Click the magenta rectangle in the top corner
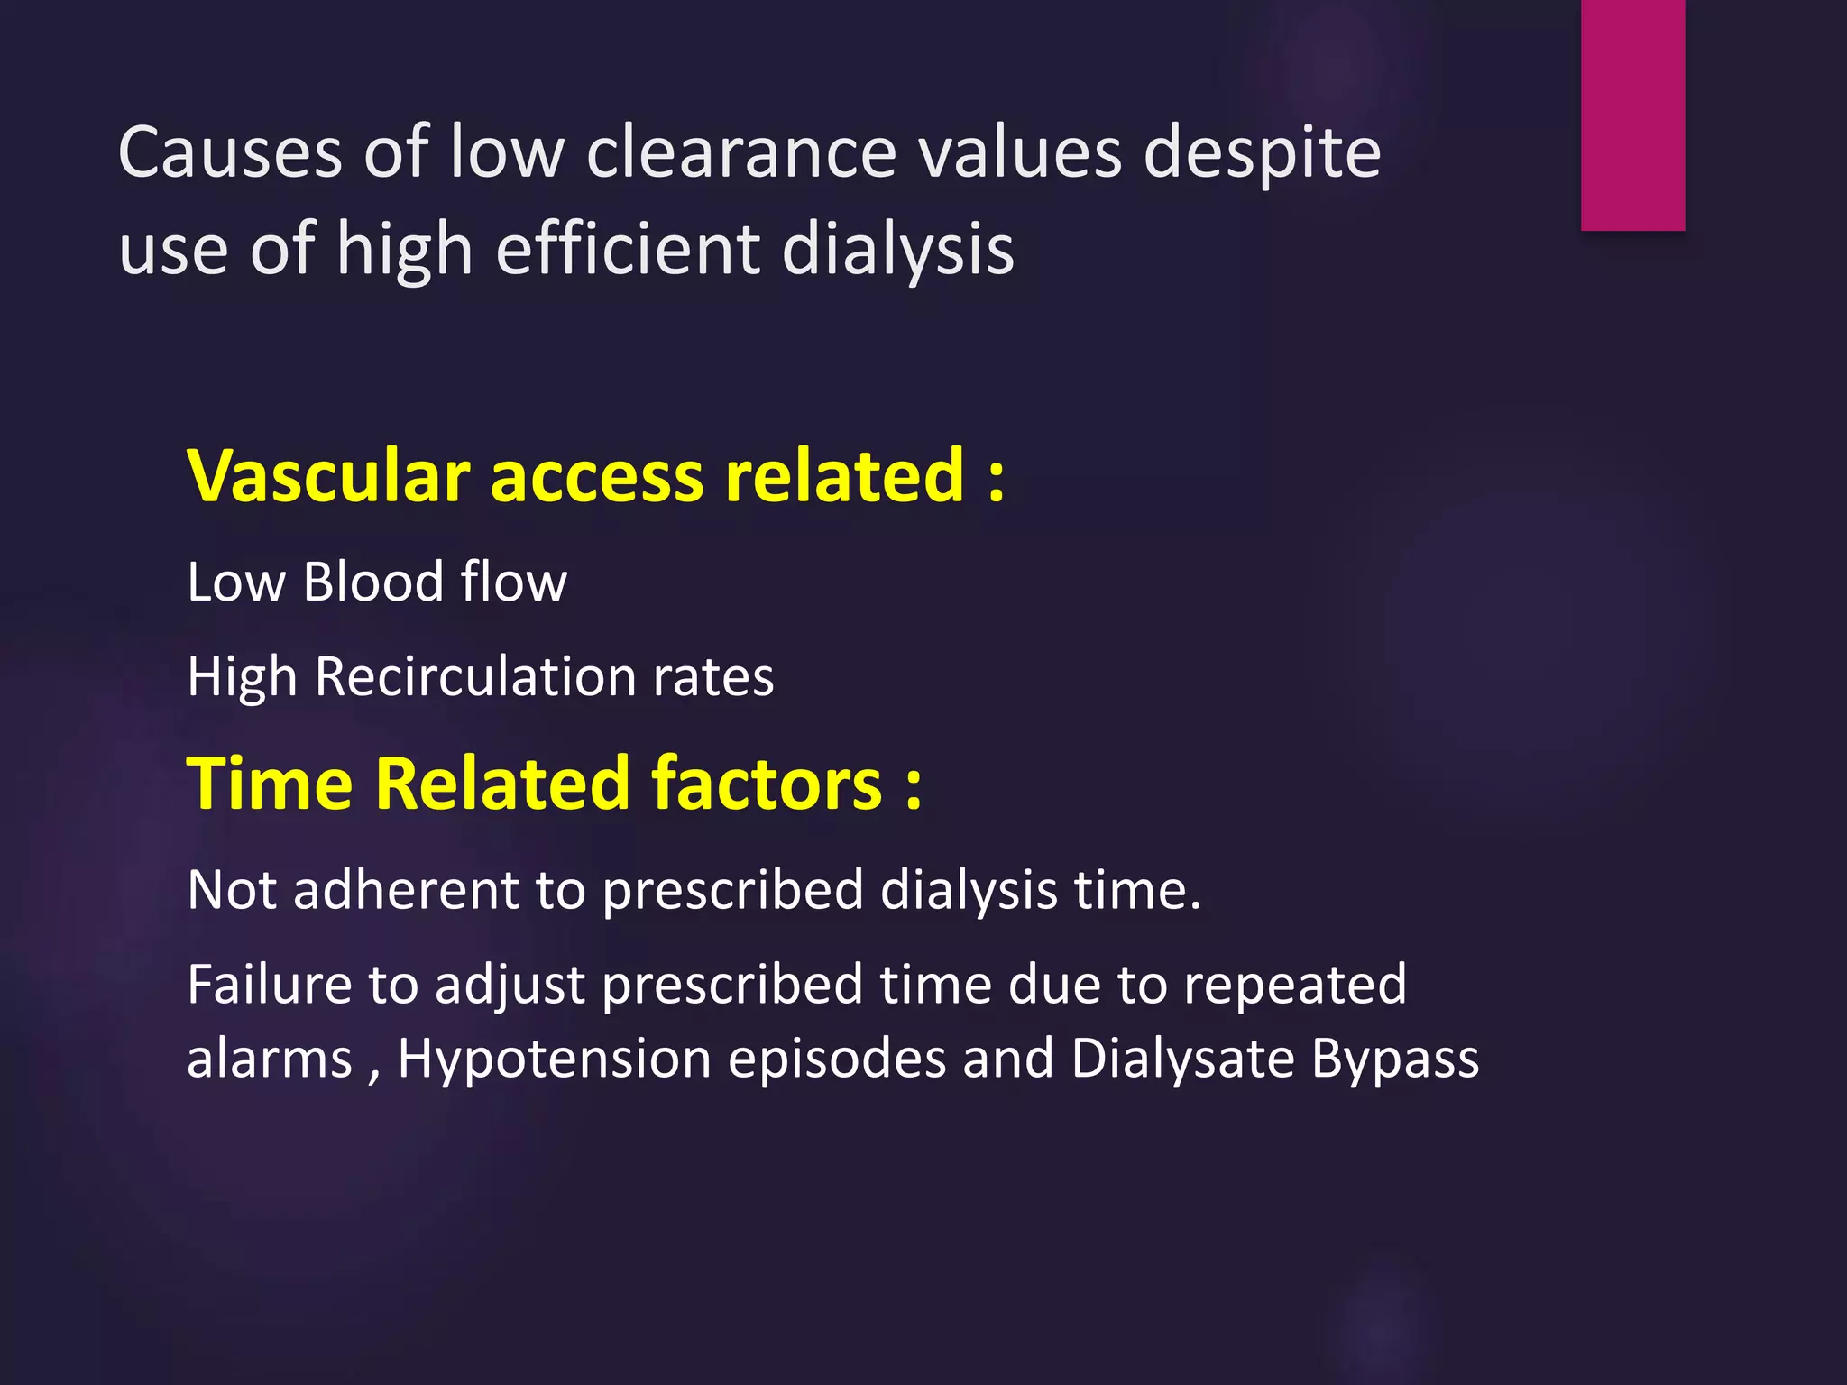[x=1632, y=115]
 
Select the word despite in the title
[x=1262, y=153]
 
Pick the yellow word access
[x=596, y=477]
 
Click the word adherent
[x=406, y=890]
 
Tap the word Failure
[x=269, y=984]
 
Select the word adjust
[x=510, y=986]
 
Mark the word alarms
[x=269, y=1059]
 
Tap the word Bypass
[x=1395, y=1060]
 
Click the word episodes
[x=837, y=1060]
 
